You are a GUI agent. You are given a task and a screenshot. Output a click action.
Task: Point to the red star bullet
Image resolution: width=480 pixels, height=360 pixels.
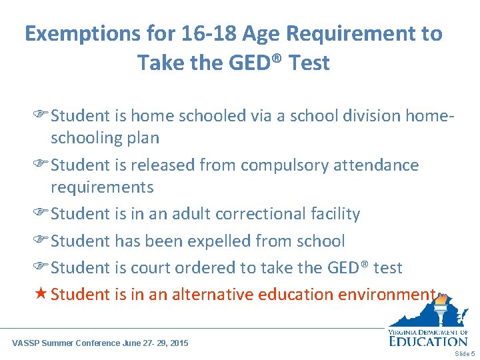(41, 294)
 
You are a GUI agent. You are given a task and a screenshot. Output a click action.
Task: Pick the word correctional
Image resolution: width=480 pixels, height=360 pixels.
(251, 214)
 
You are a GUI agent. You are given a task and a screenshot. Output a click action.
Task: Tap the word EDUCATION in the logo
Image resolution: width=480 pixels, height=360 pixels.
(428, 341)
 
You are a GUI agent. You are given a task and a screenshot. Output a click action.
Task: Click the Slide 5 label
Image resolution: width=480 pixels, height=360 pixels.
(464, 353)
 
